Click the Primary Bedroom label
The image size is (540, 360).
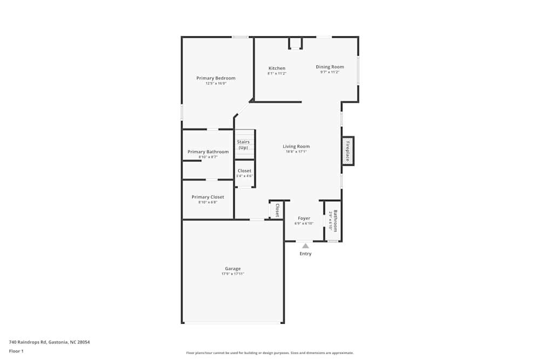click(215, 78)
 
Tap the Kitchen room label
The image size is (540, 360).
click(277, 69)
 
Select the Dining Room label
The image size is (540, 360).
click(329, 67)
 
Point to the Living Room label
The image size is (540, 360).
click(296, 146)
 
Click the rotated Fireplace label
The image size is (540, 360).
click(348, 151)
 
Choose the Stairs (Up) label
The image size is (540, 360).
click(243, 145)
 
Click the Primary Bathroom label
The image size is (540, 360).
click(208, 152)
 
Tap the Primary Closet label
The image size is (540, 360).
click(207, 197)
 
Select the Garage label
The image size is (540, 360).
click(233, 269)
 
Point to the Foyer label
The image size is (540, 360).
click(304, 219)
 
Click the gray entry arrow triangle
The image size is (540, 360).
click(306, 246)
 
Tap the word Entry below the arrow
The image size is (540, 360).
click(306, 254)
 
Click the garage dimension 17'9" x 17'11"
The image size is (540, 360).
click(233, 274)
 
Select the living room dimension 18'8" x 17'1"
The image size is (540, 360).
click(296, 152)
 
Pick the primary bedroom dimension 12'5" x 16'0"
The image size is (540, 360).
click(215, 84)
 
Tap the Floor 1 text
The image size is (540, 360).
click(16, 351)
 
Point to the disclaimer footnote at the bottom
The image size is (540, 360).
click(269, 353)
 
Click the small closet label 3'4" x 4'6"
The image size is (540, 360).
click(244, 176)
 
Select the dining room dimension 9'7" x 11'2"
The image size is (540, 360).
click(329, 72)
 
